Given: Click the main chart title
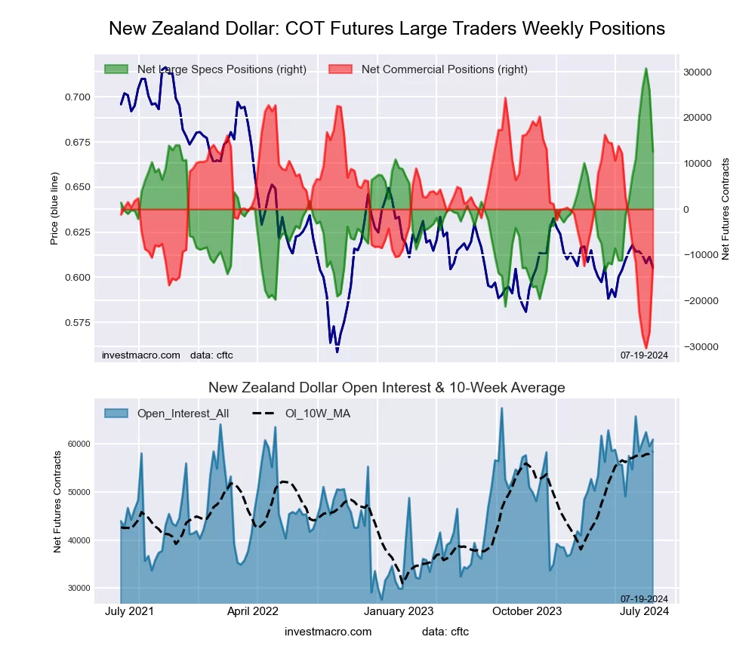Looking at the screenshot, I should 387,29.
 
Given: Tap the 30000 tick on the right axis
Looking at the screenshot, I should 698,72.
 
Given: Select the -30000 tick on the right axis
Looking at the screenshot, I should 696,346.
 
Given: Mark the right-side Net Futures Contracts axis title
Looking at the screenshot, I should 726,209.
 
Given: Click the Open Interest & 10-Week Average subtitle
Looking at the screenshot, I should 387,388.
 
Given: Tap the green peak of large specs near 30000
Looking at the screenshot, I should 646,69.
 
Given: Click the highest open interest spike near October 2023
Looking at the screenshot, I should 501,408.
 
